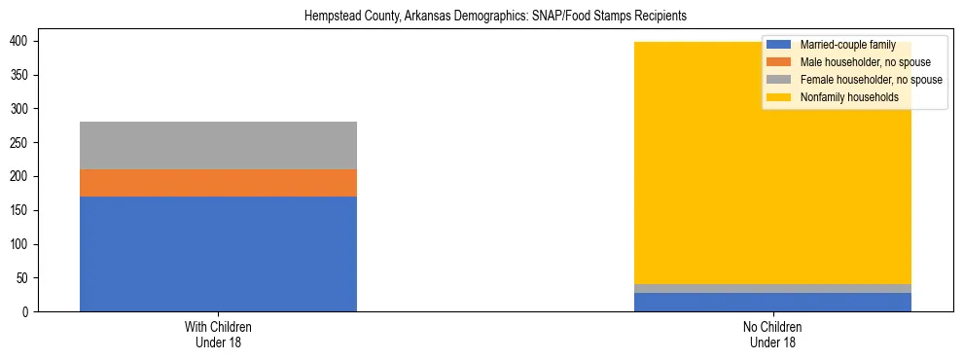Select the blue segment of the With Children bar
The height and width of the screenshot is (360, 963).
(218, 254)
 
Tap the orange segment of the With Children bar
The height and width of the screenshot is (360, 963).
(218, 183)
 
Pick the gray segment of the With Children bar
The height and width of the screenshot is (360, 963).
(218, 145)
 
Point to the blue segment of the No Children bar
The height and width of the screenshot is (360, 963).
(772, 303)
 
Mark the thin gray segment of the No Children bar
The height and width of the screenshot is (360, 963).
(772, 288)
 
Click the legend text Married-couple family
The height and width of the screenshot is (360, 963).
(846, 45)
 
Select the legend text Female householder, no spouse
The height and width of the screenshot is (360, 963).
(871, 80)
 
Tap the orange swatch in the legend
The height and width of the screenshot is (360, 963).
(778, 62)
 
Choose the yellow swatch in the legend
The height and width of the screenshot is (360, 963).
(778, 97)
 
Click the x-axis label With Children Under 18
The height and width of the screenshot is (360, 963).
(218, 335)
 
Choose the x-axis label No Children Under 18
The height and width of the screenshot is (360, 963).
(772, 335)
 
